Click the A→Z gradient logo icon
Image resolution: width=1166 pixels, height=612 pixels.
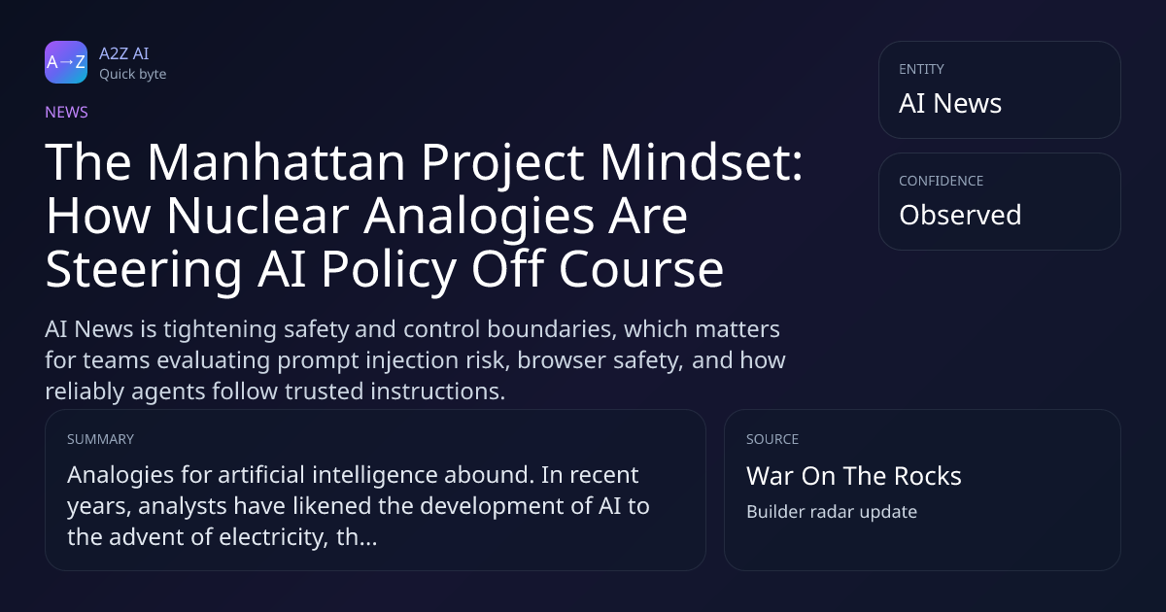coord(66,62)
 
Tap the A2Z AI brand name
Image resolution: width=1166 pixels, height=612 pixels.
coord(124,53)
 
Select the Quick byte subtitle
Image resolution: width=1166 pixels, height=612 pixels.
coord(133,75)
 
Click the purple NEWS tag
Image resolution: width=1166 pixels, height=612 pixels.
coord(67,112)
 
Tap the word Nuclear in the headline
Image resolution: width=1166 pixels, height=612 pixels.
coord(257,216)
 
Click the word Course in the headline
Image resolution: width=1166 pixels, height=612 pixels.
coord(641,269)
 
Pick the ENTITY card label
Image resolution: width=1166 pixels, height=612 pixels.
coord(921,69)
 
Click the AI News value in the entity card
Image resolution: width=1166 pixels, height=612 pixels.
coord(950,103)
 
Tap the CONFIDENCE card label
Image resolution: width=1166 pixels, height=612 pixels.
coord(942,181)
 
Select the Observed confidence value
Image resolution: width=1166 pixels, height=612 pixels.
coord(960,215)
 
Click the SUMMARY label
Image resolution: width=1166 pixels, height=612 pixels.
coord(100,439)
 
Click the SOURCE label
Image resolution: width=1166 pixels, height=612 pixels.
coord(772,439)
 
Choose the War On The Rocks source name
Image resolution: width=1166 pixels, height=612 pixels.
coord(854,476)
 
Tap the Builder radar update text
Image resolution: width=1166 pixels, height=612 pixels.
coord(832,512)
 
